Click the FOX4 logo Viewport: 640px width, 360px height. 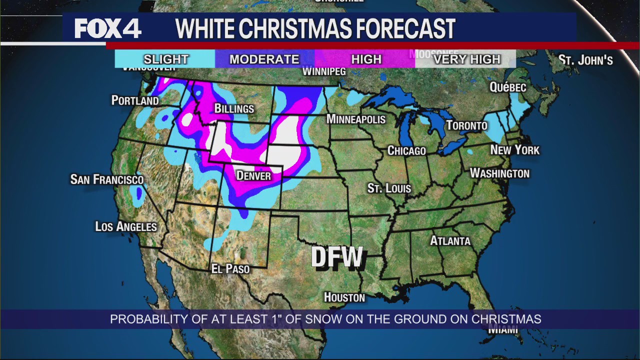(x=108, y=28)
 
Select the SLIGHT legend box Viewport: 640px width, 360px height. (x=165, y=59)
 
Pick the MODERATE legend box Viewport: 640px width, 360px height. (x=264, y=59)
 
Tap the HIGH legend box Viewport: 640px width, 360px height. (x=366, y=59)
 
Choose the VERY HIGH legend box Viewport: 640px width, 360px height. (x=466, y=59)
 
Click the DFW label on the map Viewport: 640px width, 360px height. (x=337, y=257)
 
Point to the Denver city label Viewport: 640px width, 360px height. (x=253, y=175)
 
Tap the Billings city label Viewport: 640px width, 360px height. (x=234, y=108)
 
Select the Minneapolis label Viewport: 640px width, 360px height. (x=355, y=119)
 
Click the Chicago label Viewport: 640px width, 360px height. (x=406, y=150)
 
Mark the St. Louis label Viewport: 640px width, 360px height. (x=389, y=188)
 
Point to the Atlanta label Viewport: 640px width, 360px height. (x=450, y=241)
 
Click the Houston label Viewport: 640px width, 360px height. (x=344, y=297)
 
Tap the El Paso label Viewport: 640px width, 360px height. (x=230, y=268)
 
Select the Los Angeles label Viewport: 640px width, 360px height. (x=126, y=226)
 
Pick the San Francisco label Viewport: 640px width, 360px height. (x=107, y=179)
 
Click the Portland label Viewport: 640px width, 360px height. (x=135, y=100)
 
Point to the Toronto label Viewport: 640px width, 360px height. (x=466, y=125)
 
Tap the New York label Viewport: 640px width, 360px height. (x=514, y=150)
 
